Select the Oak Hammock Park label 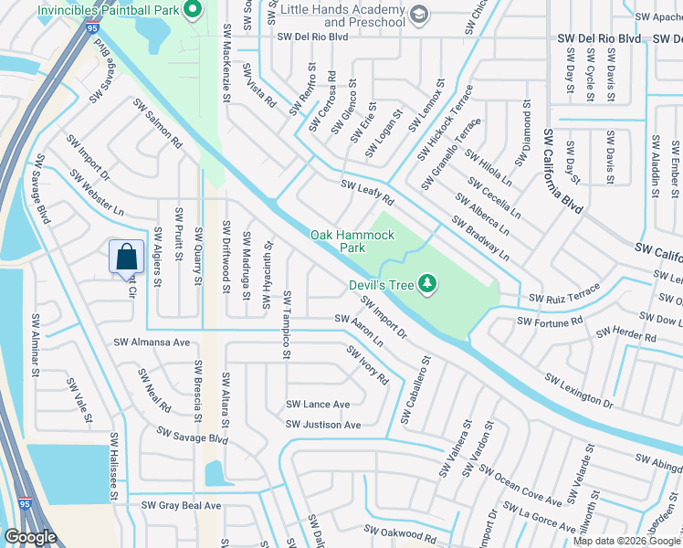pos(352,241)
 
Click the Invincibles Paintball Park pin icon pos(193,12)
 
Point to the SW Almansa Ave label pos(152,342)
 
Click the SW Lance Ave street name pos(318,405)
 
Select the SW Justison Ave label pos(323,425)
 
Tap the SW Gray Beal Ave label pos(181,505)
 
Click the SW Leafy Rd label pos(367,192)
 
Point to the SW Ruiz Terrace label pos(565,292)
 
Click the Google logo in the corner pos(31,537)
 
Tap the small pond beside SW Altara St pos(215,473)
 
